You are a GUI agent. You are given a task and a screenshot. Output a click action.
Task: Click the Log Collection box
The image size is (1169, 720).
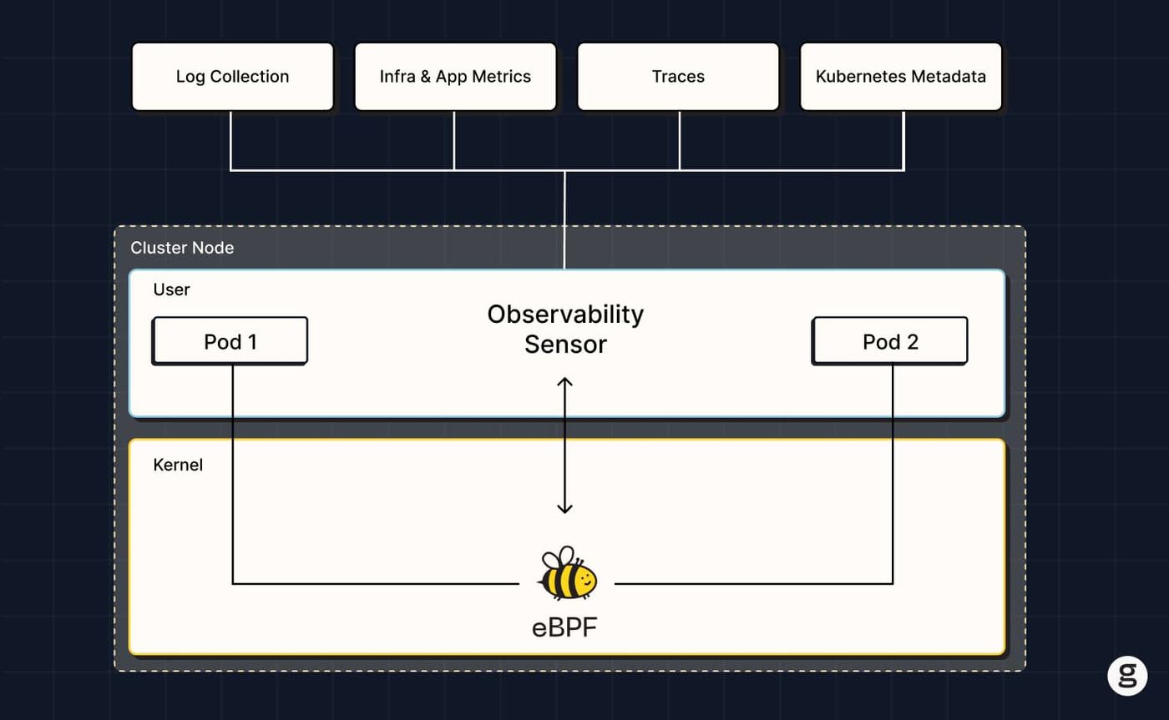[233, 77]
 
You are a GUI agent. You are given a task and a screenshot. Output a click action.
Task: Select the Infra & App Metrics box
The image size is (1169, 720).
[455, 77]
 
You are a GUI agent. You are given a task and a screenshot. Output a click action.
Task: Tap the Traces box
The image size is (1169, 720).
[678, 77]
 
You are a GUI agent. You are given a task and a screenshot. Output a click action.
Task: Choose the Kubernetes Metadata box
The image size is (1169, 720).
[901, 77]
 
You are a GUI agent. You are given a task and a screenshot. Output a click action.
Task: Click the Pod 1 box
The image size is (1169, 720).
[230, 340]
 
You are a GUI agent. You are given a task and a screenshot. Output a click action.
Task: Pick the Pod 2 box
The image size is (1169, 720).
[890, 340]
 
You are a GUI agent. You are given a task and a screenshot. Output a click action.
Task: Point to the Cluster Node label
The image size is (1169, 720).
[182, 248]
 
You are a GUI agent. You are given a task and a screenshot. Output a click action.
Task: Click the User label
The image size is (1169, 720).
[171, 290]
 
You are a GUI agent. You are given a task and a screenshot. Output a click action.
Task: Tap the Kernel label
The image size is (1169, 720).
[178, 465]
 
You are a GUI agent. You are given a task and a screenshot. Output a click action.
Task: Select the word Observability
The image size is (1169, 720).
[565, 315]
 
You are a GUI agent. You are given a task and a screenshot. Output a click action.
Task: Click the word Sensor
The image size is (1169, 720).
[566, 345]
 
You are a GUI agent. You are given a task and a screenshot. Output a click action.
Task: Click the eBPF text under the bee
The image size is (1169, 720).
[564, 627]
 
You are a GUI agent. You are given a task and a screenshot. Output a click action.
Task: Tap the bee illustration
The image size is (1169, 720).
[567, 572]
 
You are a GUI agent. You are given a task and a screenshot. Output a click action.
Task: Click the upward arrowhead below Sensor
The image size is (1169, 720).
[564, 381]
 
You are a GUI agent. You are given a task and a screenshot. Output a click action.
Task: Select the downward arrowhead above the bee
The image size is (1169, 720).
[564, 508]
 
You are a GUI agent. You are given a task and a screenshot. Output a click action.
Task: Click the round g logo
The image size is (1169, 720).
[1127, 676]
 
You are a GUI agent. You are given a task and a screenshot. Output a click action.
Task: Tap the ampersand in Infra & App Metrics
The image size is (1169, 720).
[425, 77]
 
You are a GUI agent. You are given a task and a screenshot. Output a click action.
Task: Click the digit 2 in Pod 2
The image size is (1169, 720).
[912, 342]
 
